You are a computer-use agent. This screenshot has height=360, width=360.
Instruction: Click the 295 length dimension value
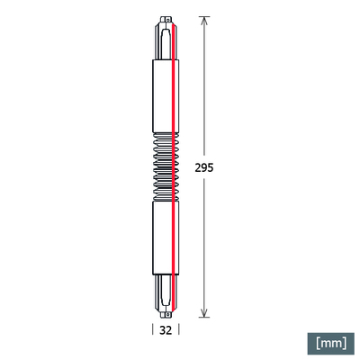(206, 167)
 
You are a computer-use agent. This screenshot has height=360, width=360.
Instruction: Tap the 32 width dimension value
(166, 330)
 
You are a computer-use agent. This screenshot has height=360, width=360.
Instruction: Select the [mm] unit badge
(329, 342)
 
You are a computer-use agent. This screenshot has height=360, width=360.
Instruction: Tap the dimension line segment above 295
(206, 90)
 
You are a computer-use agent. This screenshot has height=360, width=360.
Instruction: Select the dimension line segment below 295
(206, 243)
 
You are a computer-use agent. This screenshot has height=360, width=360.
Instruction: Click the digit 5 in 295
(213, 167)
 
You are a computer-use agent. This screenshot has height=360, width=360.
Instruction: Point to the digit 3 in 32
(162, 330)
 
